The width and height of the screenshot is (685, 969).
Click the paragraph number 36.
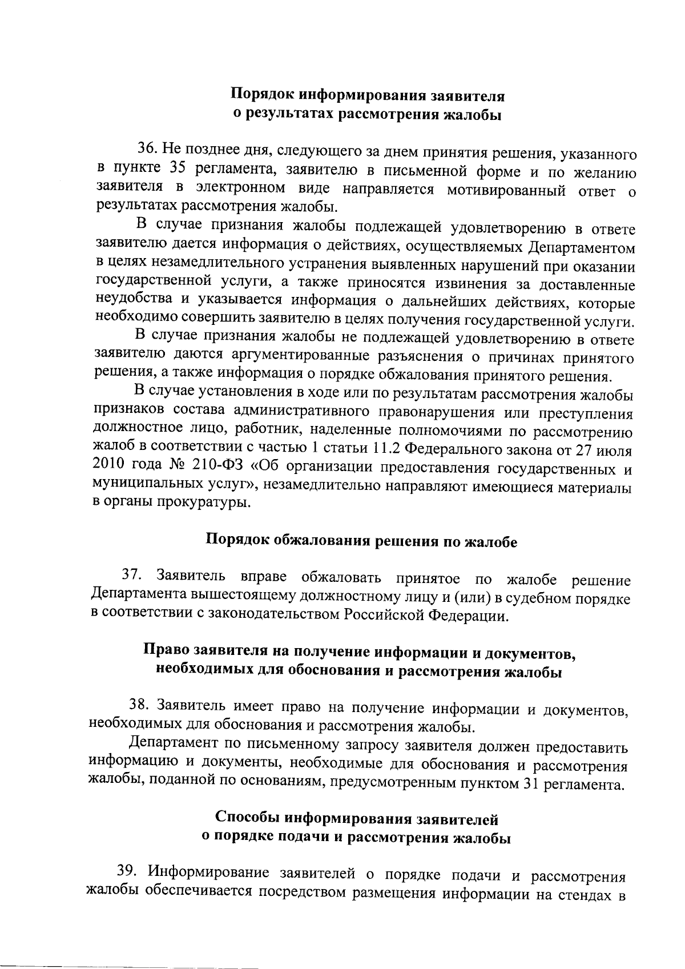[x=146, y=150]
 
